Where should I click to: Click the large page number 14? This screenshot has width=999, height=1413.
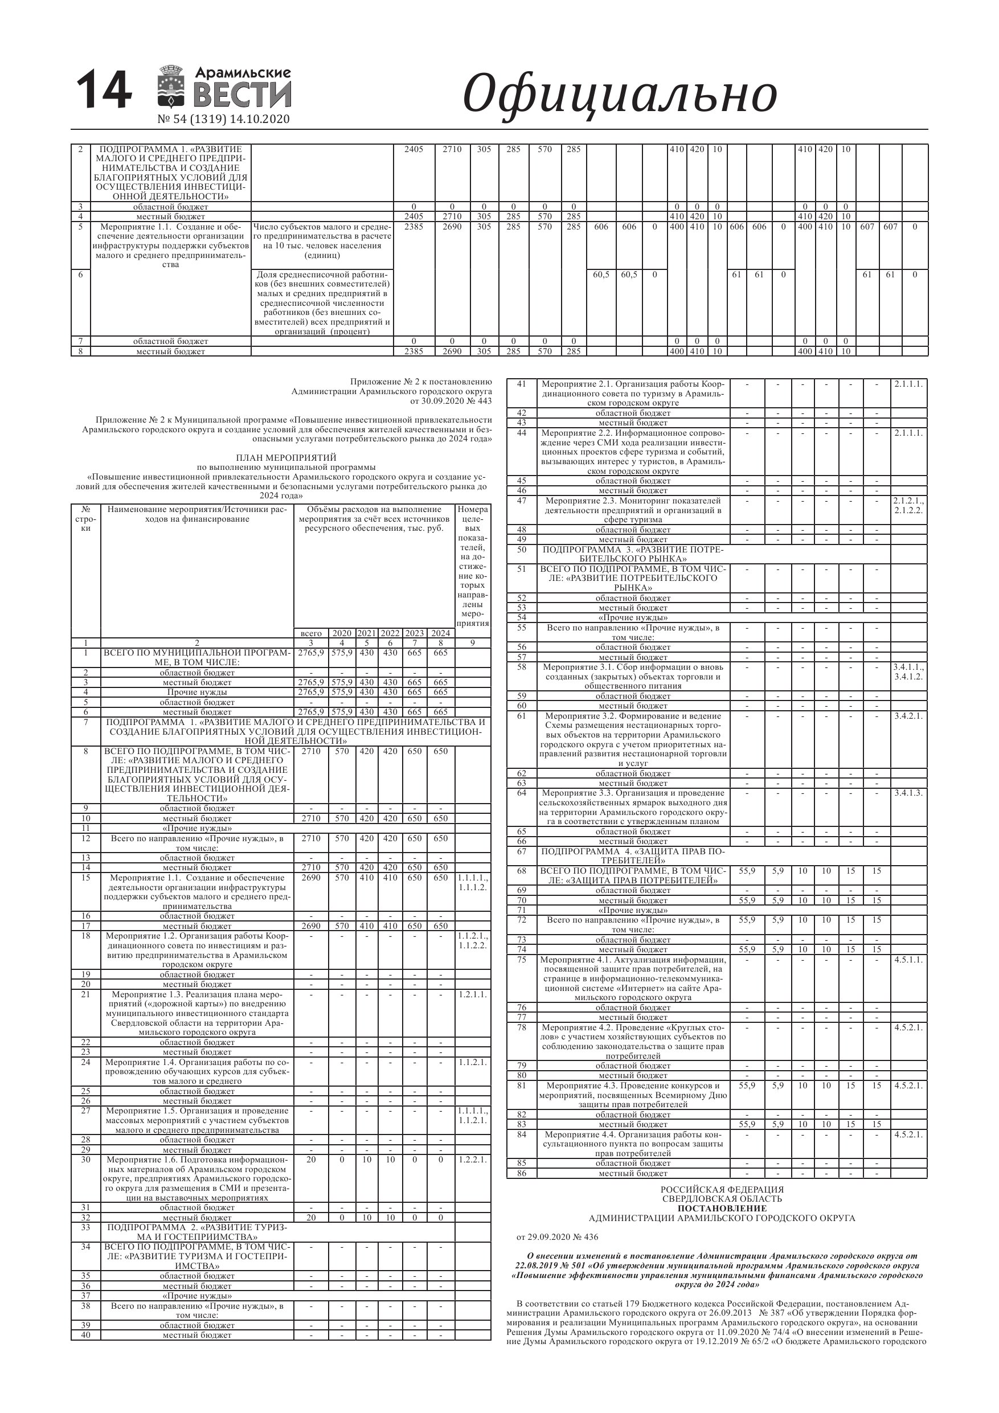tap(104, 91)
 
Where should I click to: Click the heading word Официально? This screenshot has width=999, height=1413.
tap(619, 93)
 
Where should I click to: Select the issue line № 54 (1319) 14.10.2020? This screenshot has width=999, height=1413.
tap(223, 119)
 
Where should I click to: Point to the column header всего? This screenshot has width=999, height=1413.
tap(311, 633)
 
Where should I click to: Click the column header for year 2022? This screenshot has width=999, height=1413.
tap(390, 633)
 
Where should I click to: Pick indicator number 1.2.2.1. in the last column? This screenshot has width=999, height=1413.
tap(473, 1160)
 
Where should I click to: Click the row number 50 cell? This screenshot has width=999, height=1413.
tap(521, 550)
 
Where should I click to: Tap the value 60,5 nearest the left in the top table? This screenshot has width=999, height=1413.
tap(601, 275)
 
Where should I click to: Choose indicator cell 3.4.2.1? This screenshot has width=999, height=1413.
tap(908, 716)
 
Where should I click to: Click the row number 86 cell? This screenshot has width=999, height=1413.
tap(521, 1173)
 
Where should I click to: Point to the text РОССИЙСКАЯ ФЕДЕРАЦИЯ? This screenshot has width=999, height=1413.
tap(722, 1190)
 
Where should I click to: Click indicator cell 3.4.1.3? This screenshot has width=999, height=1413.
tap(908, 793)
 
